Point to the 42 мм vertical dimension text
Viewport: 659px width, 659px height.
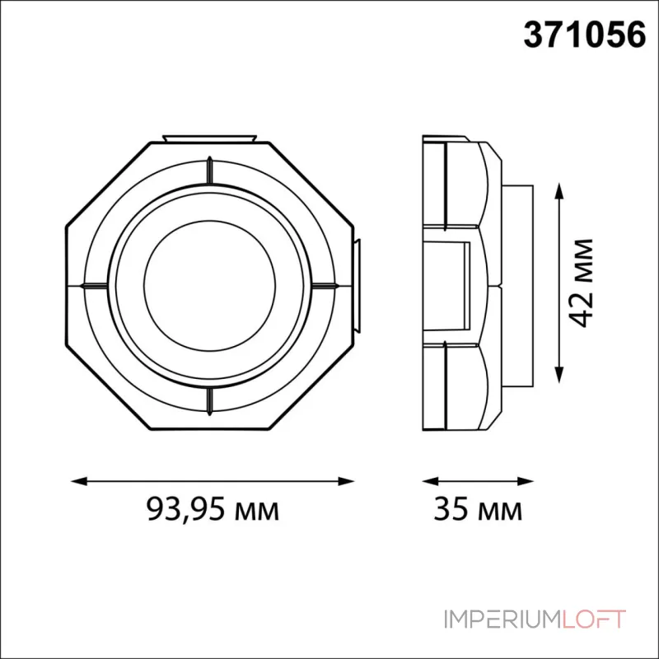[583, 283]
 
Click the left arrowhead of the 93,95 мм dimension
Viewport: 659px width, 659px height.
[75, 479]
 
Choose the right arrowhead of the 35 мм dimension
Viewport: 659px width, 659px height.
[526, 479]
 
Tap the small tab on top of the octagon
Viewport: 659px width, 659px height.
[210, 137]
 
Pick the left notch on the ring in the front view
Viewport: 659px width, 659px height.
[92, 286]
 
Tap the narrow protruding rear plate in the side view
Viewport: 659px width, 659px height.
[519, 284]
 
